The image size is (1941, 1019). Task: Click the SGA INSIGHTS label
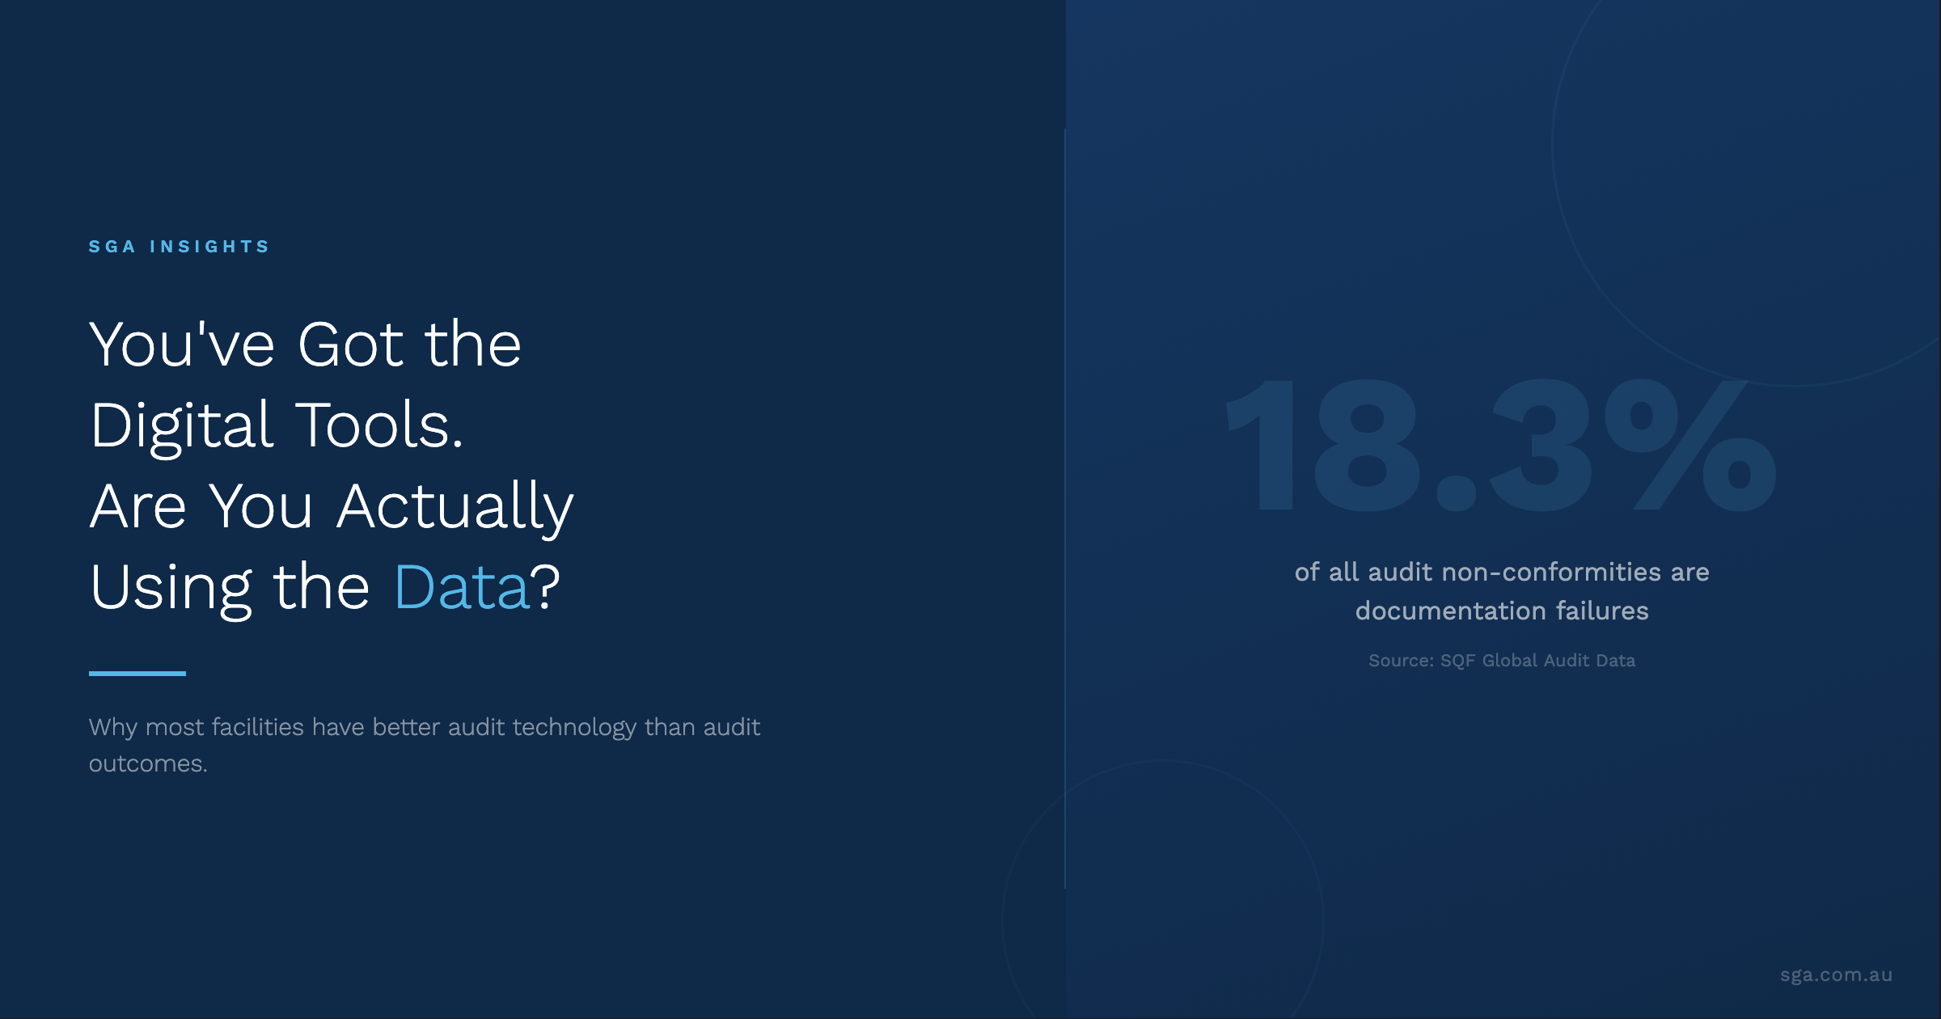[179, 247]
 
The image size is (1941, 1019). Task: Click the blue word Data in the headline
[461, 586]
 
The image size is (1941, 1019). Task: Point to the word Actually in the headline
[455, 507]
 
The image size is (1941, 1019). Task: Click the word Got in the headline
[351, 345]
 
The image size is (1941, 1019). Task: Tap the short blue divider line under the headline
[137, 673]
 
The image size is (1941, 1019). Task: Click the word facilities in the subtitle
[258, 727]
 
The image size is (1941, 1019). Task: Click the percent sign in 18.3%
[1690, 446]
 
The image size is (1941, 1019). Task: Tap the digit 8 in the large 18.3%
[1368, 446]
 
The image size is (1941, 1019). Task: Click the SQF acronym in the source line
[1457, 661]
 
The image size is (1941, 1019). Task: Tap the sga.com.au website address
[1837, 975]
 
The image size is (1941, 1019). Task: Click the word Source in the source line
[1401, 661]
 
